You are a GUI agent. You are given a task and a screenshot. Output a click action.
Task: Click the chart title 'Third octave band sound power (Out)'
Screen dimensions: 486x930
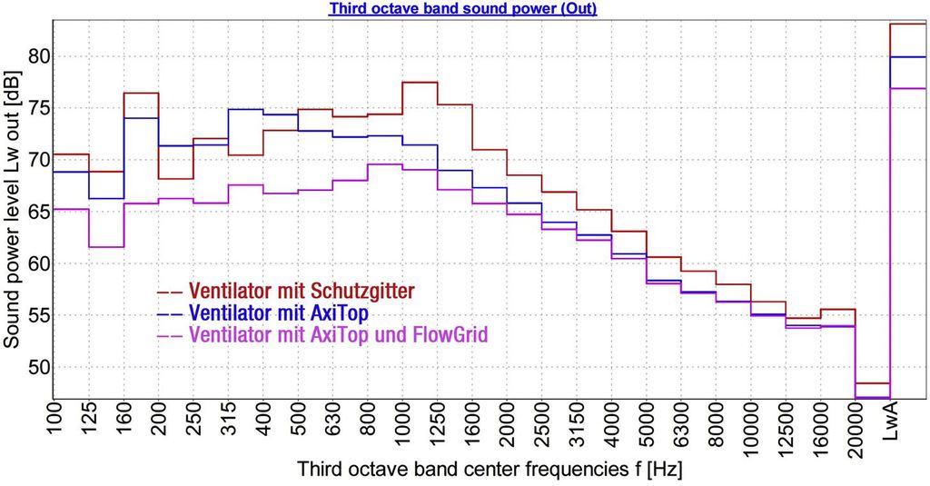coord(462,8)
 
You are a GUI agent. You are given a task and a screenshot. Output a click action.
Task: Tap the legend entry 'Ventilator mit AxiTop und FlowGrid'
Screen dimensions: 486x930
coord(338,334)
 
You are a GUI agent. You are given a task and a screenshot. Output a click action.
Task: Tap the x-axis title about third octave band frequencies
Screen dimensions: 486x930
coord(489,471)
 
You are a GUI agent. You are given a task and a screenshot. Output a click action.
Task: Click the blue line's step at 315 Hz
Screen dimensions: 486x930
coord(245,109)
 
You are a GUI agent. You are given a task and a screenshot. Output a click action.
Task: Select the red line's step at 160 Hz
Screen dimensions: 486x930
coord(142,93)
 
